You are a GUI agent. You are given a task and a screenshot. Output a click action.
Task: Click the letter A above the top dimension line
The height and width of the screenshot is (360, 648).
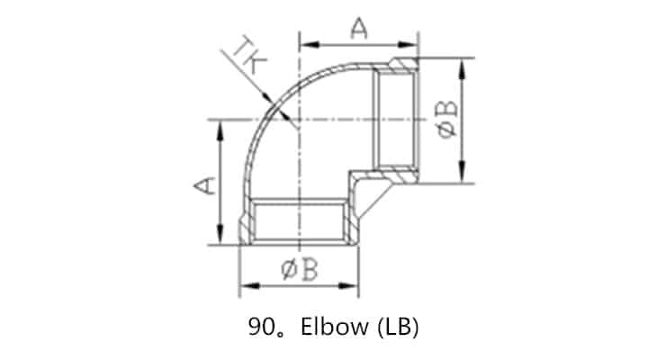coord(358,29)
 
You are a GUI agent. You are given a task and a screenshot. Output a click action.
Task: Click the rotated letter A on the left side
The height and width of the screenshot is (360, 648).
coord(205,184)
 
